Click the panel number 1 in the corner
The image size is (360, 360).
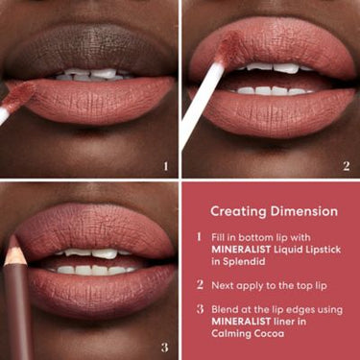pyautogui.click(x=166, y=166)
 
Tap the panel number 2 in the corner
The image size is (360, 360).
pyautogui.click(x=346, y=166)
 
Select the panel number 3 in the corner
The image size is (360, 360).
pyautogui.click(x=166, y=347)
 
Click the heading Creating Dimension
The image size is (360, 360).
pyautogui.click(x=274, y=210)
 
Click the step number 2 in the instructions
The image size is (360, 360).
pyautogui.click(x=199, y=284)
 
